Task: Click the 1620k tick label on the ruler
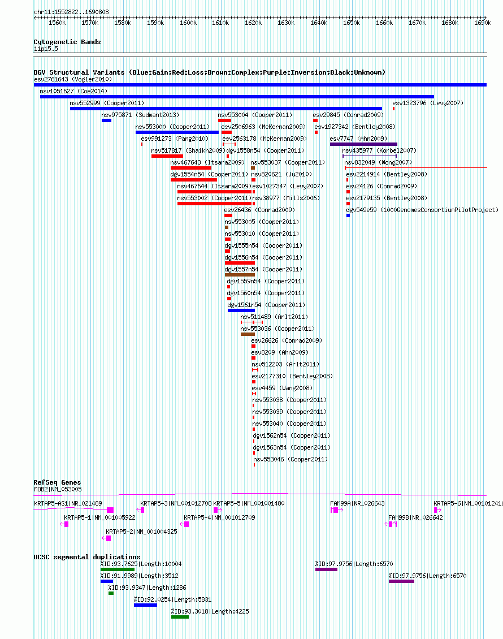point(253,23)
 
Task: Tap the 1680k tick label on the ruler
point(450,23)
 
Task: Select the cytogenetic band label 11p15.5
point(46,49)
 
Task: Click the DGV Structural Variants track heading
point(209,72)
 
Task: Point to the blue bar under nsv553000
point(177,132)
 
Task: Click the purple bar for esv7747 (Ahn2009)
point(363,144)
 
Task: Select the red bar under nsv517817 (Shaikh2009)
point(167,156)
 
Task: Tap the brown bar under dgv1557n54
point(240,275)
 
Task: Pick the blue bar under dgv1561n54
point(241,310)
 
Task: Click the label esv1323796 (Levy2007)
point(428,103)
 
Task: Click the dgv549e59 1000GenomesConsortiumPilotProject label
point(422,210)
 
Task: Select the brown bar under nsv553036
point(248,334)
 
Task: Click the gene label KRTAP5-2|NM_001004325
point(141,532)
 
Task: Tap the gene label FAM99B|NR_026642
point(415,517)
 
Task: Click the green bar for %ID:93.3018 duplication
point(180,617)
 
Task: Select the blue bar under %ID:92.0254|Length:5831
point(145,605)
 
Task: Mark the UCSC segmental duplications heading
point(87,557)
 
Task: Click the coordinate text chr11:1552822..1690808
point(72,12)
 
